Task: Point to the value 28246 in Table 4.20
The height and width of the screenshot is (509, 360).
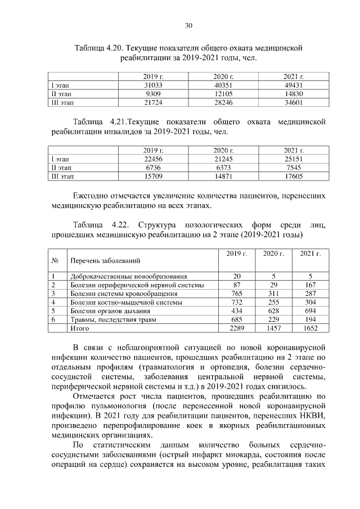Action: (x=223, y=103)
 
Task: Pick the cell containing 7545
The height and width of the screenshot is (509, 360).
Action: (x=294, y=168)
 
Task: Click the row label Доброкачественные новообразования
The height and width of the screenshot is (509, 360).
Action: (x=128, y=277)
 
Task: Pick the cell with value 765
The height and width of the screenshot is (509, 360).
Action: (x=237, y=294)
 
